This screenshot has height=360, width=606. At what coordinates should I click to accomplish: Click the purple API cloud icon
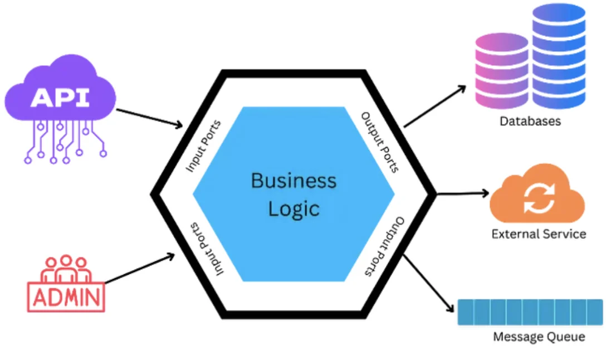pos(60,98)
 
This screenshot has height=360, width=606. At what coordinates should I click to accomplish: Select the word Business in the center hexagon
pos(294,181)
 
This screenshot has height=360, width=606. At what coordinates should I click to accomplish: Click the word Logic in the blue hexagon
pos(294,208)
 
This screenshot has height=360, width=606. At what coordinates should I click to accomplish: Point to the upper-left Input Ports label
pos(203,146)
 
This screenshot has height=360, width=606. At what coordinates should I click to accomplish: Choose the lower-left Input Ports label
pos(206,249)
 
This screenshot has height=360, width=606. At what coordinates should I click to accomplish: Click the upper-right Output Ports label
pos(380,143)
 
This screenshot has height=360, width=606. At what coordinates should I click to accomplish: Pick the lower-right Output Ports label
pos(383,246)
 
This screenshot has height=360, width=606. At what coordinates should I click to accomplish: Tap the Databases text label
pos(530,121)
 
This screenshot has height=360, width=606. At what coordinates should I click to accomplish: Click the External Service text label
pos(539,234)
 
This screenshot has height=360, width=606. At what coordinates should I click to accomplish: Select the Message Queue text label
pos(539,337)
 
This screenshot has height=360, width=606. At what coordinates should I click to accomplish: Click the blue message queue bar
pos(530,312)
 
